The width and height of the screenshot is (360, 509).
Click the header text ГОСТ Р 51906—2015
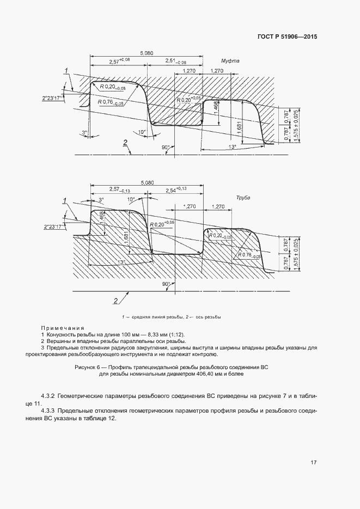tap(286, 37)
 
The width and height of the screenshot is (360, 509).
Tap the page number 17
tap(313, 462)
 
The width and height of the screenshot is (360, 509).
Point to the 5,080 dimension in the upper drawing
tap(147, 53)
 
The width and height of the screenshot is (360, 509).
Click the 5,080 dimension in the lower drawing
tap(147, 183)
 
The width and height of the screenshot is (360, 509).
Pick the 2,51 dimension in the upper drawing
tap(178, 61)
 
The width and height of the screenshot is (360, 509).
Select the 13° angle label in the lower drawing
tap(120, 262)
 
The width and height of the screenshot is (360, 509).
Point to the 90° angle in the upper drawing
tap(166, 148)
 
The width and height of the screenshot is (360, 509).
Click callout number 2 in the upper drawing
tap(125, 143)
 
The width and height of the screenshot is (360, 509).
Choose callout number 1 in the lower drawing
tap(66, 201)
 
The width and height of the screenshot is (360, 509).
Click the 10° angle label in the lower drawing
tap(132, 200)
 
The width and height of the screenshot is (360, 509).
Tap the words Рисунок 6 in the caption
tap(88, 368)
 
